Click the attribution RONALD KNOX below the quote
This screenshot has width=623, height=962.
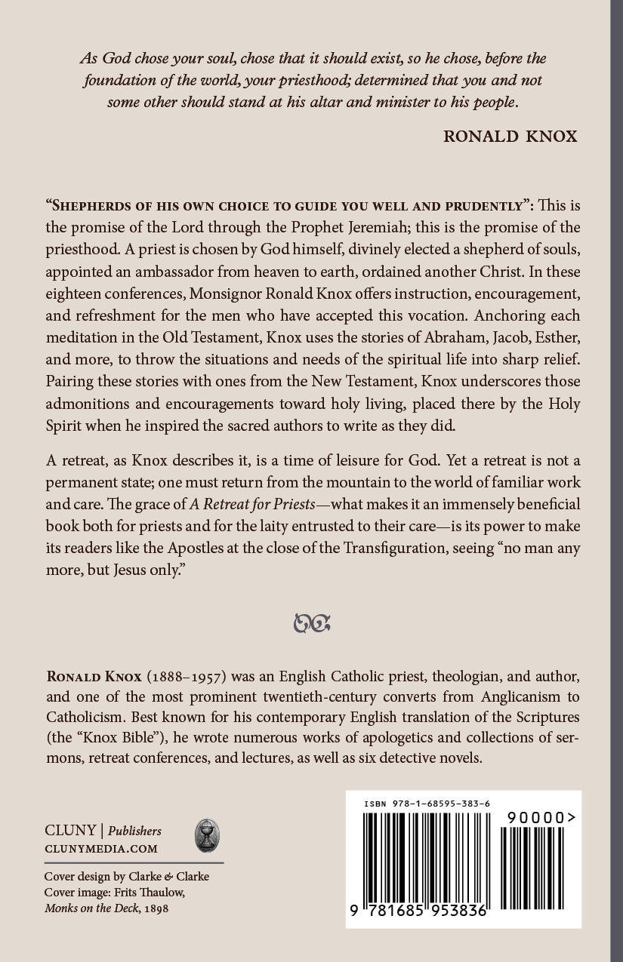click(x=510, y=137)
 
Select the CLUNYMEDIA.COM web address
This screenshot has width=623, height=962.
click(x=101, y=849)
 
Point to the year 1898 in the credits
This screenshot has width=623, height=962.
click(x=156, y=908)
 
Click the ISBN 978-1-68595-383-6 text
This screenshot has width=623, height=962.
click(x=426, y=804)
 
